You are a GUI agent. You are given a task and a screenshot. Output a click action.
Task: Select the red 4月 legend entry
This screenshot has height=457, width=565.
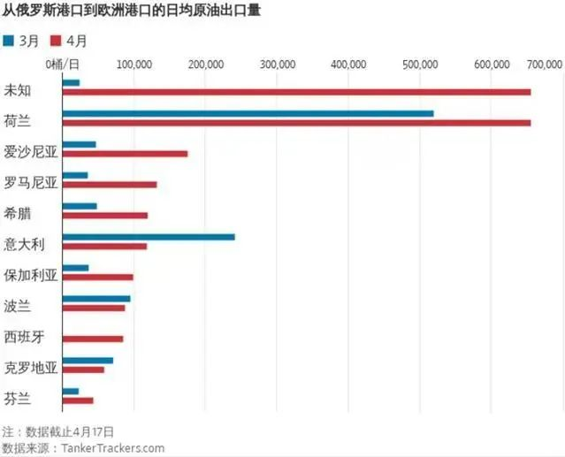(x=71, y=41)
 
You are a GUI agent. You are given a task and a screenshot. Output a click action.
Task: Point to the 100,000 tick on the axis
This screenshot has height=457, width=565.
(x=133, y=65)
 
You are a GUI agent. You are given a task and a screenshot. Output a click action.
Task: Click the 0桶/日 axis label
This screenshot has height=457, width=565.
(x=61, y=65)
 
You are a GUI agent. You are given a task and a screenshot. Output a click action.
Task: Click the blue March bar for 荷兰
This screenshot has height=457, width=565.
(x=248, y=113)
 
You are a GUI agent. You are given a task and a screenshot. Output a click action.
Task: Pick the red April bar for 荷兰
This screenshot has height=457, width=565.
(x=296, y=123)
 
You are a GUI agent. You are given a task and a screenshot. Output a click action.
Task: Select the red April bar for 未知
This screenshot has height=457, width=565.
(x=296, y=92)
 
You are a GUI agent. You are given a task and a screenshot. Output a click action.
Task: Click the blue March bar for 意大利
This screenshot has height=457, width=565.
(x=149, y=237)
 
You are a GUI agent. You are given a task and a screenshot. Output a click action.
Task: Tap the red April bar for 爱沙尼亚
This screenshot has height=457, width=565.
(x=125, y=154)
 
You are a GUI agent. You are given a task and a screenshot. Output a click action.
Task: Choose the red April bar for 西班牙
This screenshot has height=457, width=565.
(x=93, y=339)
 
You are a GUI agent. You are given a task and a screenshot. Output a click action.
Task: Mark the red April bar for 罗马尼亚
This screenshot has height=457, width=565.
(x=110, y=185)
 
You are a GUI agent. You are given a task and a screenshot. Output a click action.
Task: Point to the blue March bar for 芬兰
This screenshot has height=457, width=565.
(x=71, y=391)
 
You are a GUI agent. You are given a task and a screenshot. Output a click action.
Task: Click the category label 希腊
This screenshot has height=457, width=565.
(x=19, y=213)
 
